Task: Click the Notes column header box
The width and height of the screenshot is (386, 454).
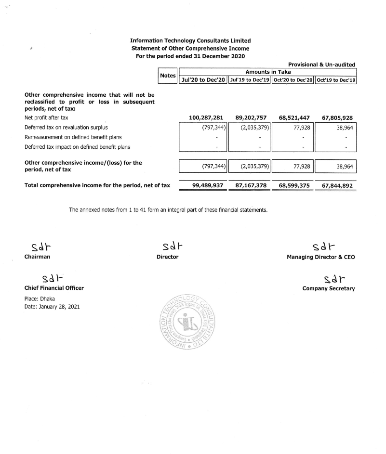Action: point(168,76)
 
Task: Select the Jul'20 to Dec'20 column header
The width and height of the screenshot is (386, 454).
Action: point(202,80)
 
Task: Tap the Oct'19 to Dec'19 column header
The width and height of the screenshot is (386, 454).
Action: point(335,80)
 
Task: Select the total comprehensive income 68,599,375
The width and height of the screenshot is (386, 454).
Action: point(294,185)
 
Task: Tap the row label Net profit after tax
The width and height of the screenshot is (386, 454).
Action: point(46,117)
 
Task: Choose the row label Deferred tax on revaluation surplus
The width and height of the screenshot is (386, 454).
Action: point(66,128)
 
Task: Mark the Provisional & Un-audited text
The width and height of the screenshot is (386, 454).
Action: point(321,65)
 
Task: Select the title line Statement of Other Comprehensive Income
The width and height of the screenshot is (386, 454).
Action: point(190,49)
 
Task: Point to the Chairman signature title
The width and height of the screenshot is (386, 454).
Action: point(37,257)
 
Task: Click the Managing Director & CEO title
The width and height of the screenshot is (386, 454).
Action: point(320,257)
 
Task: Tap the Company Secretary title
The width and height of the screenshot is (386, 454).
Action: point(328,289)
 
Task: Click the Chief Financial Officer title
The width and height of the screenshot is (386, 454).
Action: point(54,288)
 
